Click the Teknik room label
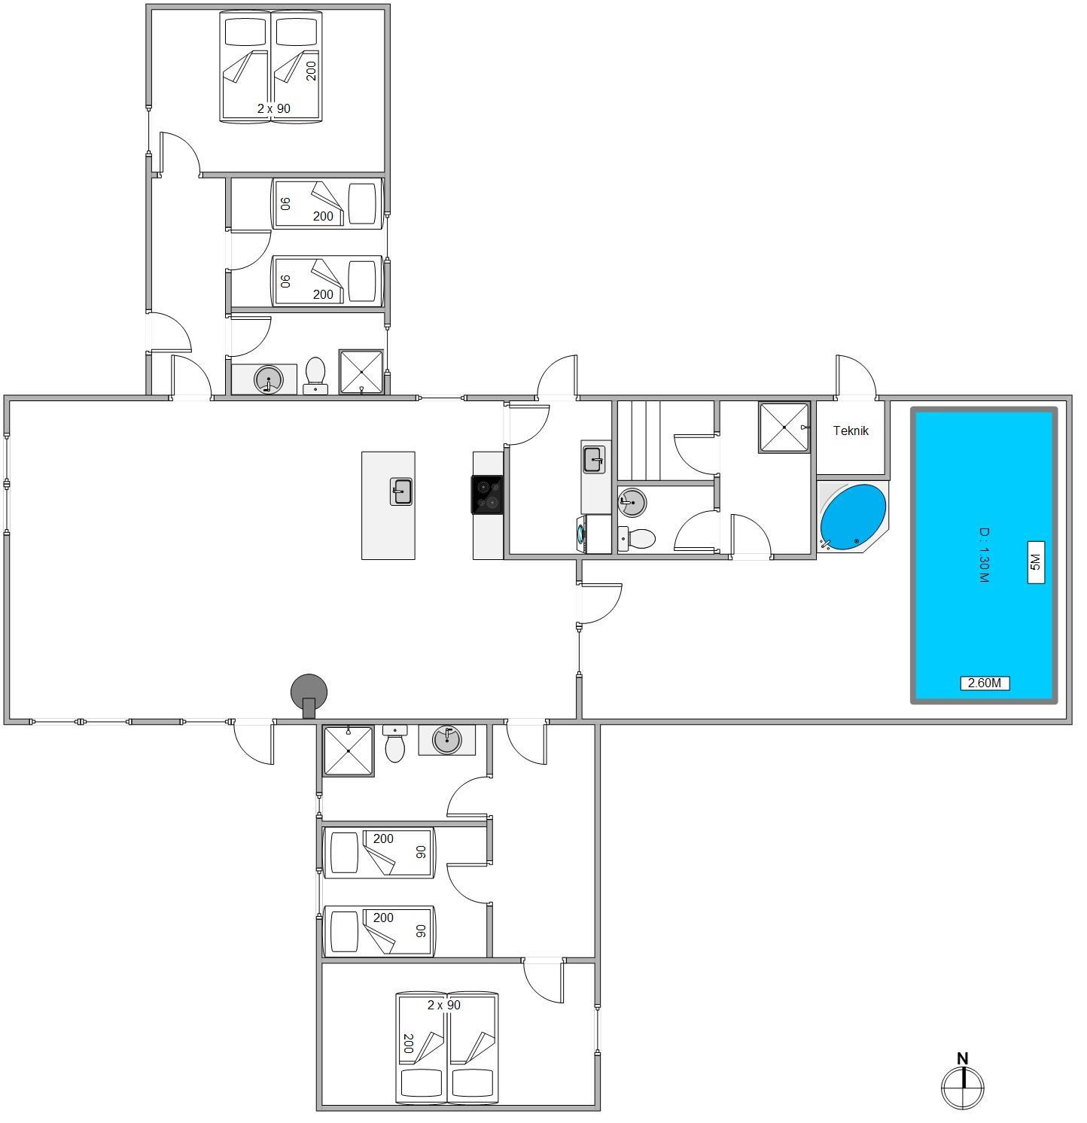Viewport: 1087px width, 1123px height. tap(851, 431)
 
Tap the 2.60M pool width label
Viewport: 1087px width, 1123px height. tap(985, 683)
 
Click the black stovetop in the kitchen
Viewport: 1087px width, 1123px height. tap(487, 495)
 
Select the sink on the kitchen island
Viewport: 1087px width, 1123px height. tap(401, 491)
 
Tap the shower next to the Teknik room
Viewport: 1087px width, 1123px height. tap(784, 428)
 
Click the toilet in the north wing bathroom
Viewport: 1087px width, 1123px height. tap(315, 375)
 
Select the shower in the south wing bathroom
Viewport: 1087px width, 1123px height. tap(349, 750)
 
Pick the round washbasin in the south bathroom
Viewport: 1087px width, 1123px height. tap(446, 739)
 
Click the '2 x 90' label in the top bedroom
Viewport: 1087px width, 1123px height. tap(273, 108)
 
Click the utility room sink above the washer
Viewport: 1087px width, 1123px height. tap(594, 459)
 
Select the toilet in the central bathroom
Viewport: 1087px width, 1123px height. tap(637, 538)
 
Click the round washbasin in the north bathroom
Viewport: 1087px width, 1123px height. tap(269, 379)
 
